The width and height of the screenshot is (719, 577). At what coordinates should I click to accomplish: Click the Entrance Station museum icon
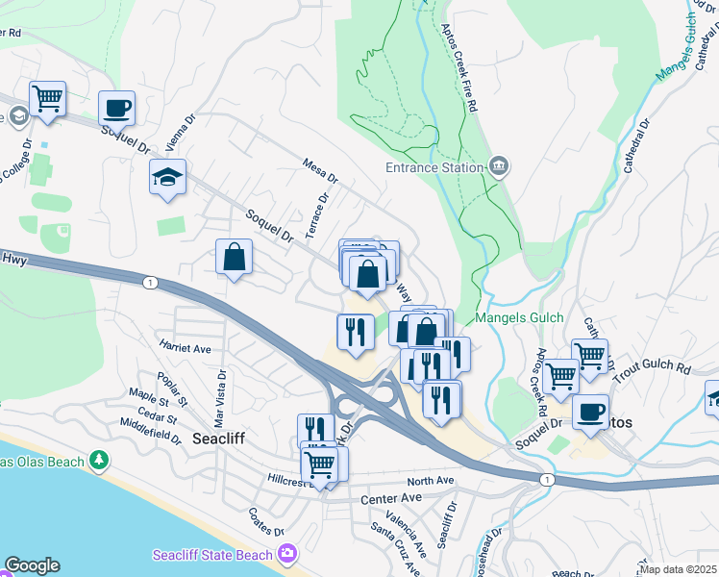tap(498, 167)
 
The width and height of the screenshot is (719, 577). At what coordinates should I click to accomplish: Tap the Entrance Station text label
tap(434, 167)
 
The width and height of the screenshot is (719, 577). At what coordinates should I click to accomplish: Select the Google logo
tap(31, 565)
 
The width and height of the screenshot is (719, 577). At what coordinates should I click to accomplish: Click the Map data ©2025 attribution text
tap(679, 569)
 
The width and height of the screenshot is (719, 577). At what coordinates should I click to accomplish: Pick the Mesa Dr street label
tap(320, 171)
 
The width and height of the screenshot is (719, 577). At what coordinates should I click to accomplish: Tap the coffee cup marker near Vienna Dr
tap(116, 107)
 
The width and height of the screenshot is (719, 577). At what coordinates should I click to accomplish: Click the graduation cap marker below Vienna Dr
tap(167, 177)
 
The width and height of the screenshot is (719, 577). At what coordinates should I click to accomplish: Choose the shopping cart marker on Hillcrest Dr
tap(319, 465)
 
